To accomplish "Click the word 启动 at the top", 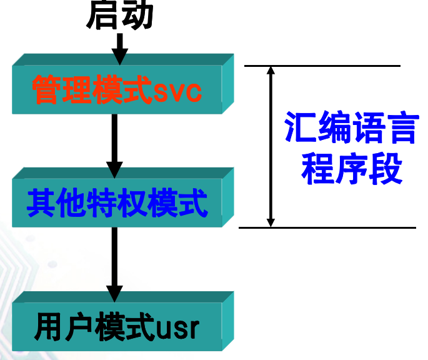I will click(119, 16).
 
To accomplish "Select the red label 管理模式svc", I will click(117, 92).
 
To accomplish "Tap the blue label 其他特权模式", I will click(117, 202).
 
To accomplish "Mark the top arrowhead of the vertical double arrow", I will click(271, 71).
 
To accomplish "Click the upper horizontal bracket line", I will click(322, 65).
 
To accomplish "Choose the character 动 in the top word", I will click(137, 16).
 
